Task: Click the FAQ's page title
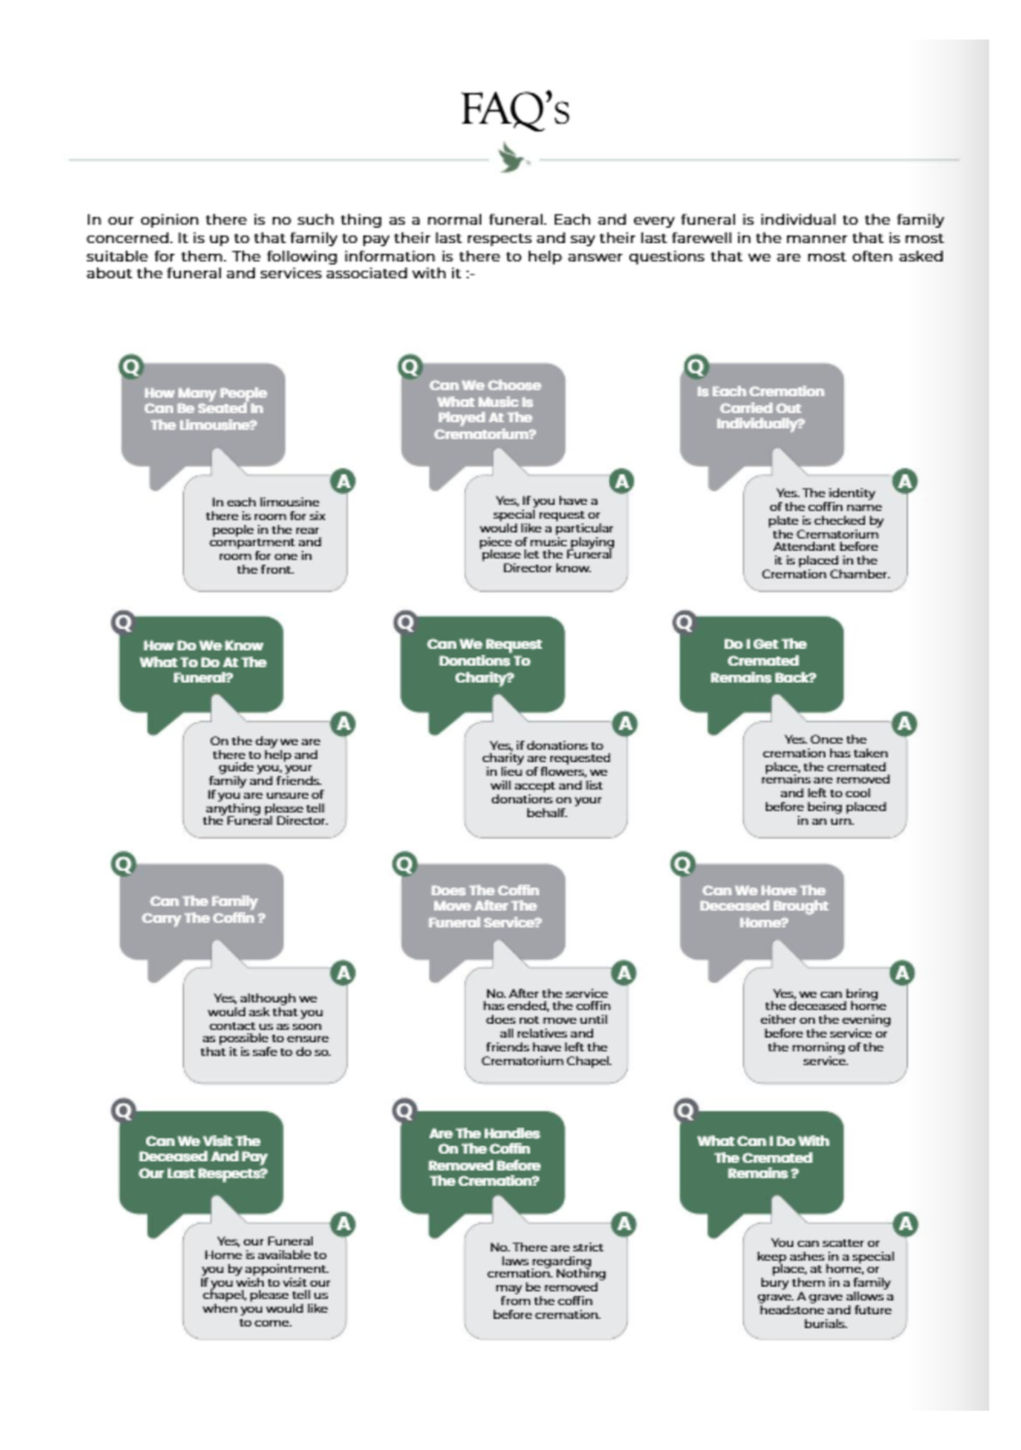(515, 109)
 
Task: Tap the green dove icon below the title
(512, 158)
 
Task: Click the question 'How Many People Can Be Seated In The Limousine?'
(204, 409)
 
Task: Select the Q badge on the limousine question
(131, 367)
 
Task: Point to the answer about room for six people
(265, 536)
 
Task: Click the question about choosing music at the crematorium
(485, 410)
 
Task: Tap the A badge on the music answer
(622, 481)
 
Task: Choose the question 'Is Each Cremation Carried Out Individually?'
(761, 408)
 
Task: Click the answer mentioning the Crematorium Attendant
(825, 533)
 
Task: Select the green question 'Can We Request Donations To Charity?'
(484, 661)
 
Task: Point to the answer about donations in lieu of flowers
(546, 779)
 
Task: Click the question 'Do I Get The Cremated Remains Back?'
(763, 661)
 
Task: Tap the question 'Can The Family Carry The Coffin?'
(203, 909)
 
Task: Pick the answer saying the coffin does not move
(546, 1027)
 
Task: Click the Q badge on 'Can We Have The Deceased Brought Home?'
(683, 864)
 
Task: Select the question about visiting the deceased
(203, 1157)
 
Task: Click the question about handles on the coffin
(484, 1157)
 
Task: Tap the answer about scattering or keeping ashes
(825, 1283)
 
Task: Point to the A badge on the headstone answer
(905, 1224)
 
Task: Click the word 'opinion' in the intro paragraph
(169, 220)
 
